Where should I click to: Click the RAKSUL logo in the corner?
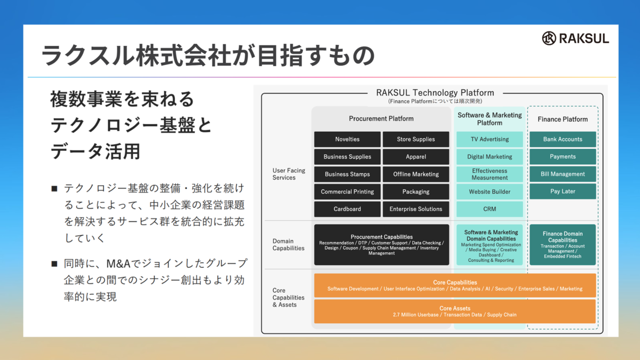tap(575, 38)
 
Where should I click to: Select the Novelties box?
tap(347, 139)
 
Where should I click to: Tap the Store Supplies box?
tap(415, 139)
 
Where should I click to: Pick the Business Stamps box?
tap(347, 174)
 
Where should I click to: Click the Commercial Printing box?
tap(347, 192)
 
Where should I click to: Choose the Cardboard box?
tap(347, 209)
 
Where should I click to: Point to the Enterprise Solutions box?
tap(415, 209)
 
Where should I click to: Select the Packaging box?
tap(415, 192)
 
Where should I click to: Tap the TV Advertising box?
tap(490, 139)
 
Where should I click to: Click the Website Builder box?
tap(490, 192)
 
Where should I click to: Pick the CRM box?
tap(490, 209)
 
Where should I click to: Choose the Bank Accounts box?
tap(563, 139)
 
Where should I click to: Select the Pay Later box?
tap(563, 191)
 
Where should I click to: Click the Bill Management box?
tap(563, 174)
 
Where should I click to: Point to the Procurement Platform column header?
tap(381, 119)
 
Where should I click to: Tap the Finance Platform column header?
tap(563, 119)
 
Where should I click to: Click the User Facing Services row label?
tap(289, 174)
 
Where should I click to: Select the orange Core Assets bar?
tap(454, 311)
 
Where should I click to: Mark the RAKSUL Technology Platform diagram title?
tap(435, 93)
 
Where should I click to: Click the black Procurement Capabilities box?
tap(381, 245)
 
